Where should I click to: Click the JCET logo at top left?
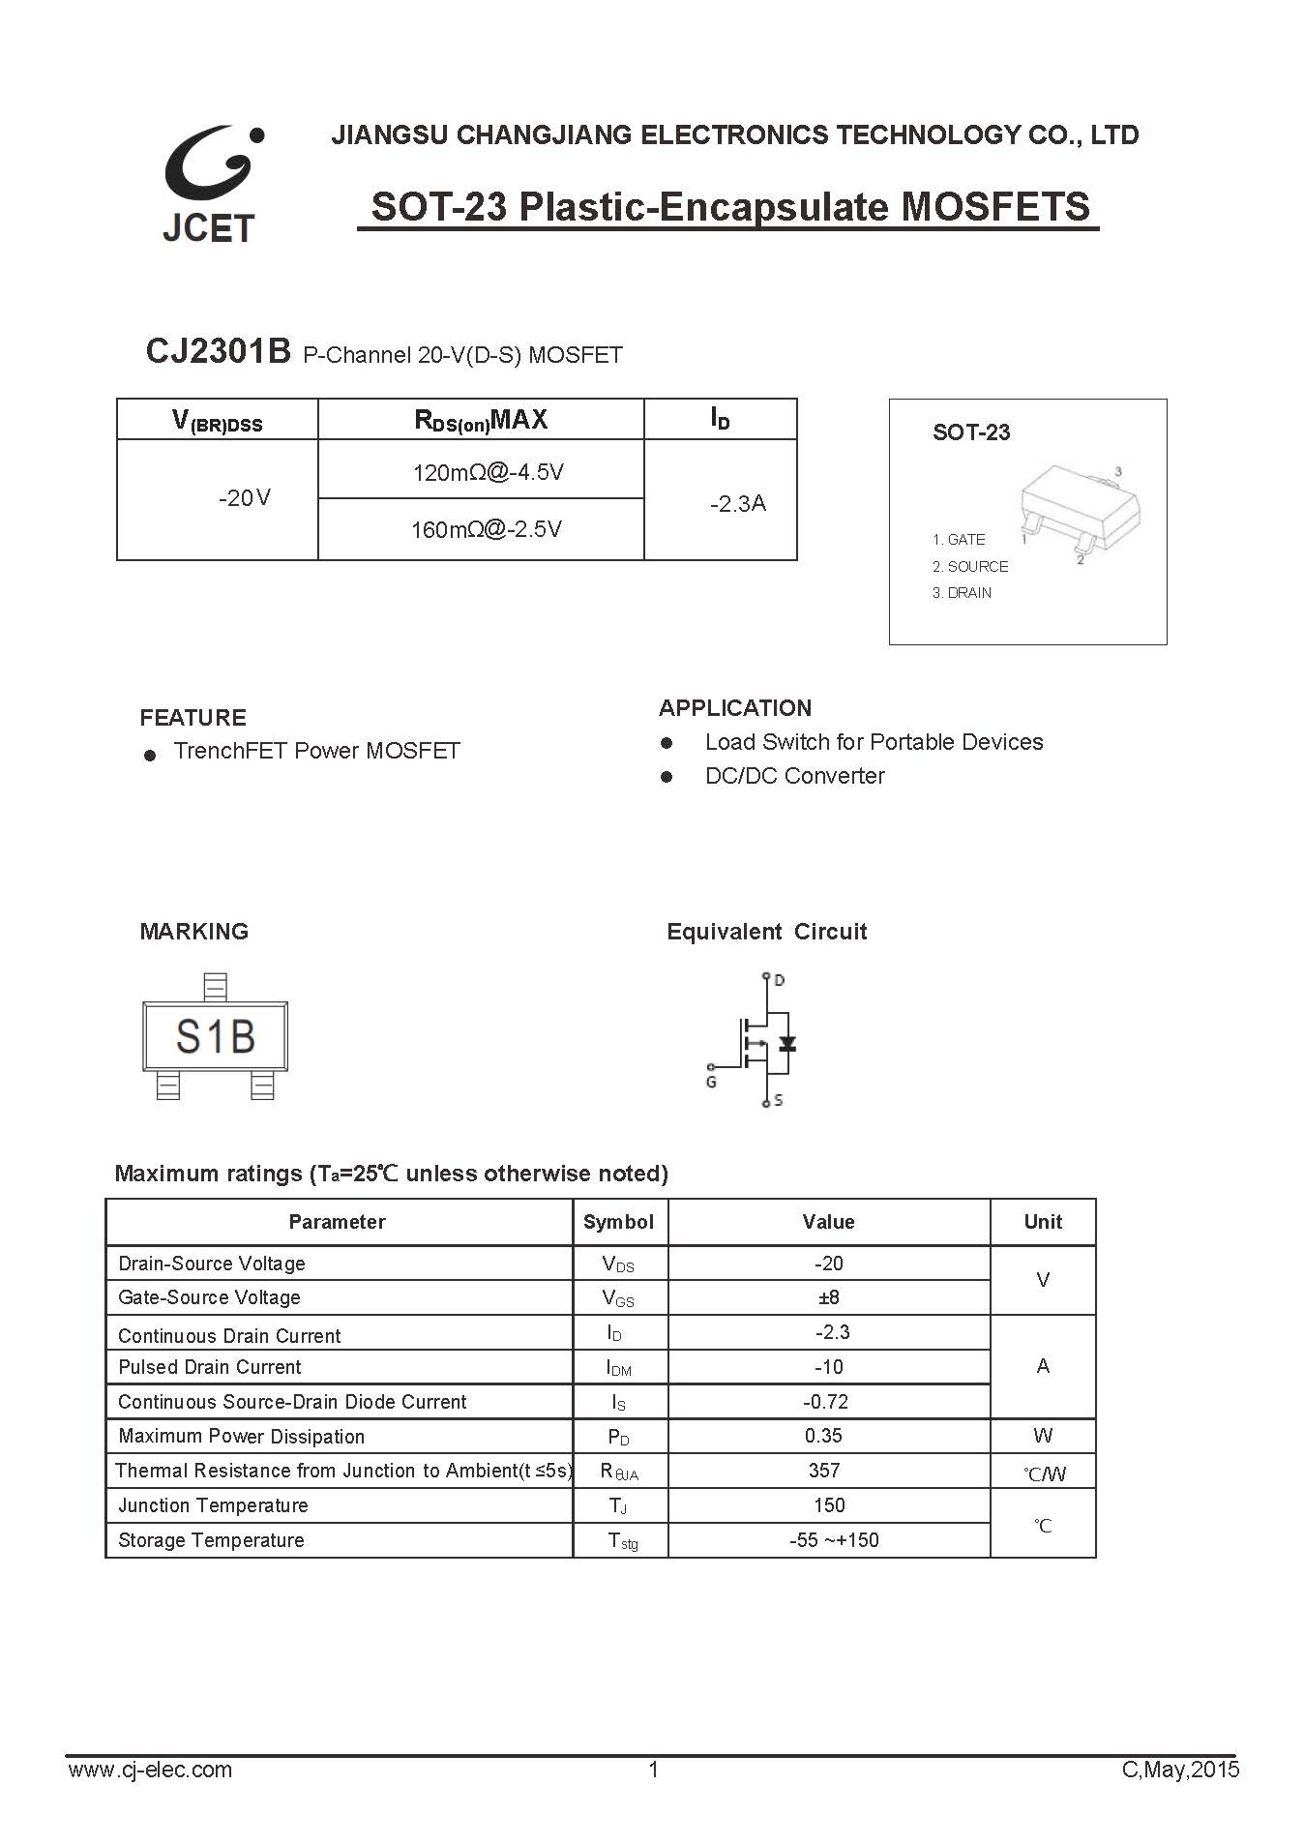pyautogui.click(x=210, y=182)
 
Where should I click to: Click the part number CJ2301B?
pyautogui.click(x=218, y=351)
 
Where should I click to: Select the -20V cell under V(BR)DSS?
pyautogui.click(x=245, y=498)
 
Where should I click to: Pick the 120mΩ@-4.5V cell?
pyautogui.click(x=488, y=472)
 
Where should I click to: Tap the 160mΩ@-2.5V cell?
pyautogui.click(x=486, y=529)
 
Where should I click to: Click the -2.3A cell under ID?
pyautogui.click(x=737, y=503)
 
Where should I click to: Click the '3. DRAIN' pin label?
pyautogui.click(x=962, y=592)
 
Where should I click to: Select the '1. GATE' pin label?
pyautogui.click(x=959, y=539)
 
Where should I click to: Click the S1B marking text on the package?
pyautogui.click(x=215, y=1037)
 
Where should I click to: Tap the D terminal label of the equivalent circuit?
pyautogui.click(x=780, y=980)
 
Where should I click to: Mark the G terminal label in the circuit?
pyautogui.click(x=711, y=1082)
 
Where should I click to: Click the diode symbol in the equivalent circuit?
pyautogui.click(x=786, y=1044)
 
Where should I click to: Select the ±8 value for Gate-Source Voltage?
pyautogui.click(x=829, y=1296)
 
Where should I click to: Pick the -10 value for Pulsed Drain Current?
pyautogui.click(x=829, y=1366)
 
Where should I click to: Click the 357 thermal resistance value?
pyautogui.click(x=824, y=1470)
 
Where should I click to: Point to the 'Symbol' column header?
pyautogui.click(x=618, y=1221)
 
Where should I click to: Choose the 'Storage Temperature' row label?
pyautogui.click(x=211, y=1539)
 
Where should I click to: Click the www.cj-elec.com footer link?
pyautogui.click(x=150, y=1770)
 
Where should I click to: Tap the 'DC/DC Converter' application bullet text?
pyautogui.click(x=794, y=776)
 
